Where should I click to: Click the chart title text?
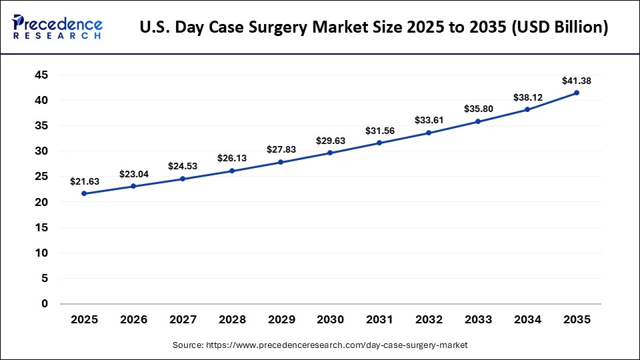point(374,28)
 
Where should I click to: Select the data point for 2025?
point(84,193)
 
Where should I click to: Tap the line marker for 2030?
point(331,153)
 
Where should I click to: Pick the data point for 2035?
point(577,93)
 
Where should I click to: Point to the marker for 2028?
point(232,171)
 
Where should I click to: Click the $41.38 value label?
point(577,81)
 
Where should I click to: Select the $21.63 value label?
point(84,181)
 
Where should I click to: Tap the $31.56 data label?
point(380,131)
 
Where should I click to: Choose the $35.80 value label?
point(479,109)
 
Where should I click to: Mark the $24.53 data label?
point(183,167)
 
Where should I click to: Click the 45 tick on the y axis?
point(41,75)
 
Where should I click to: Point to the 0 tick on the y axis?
point(45,304)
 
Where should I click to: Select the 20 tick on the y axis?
point(41,202)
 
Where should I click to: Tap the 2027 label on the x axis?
point(183,320)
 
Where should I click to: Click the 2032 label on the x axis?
point(429,320)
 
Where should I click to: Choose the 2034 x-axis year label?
point(527,320)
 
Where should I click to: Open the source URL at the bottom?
point(320,345)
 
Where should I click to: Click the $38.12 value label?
point(527,97)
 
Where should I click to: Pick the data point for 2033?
point(479,121)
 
